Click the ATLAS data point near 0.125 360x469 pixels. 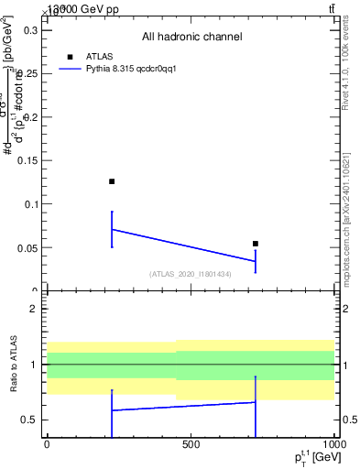pyautogui.click(x=112, y=181)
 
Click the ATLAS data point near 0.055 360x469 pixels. pyautogui.click(x=256, y=244)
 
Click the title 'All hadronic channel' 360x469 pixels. pyautogui.click(x=191, y=38)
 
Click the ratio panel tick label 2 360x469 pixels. pyautogui.click(x=34, y=309)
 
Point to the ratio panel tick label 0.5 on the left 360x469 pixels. pyautogui.click(x=29, y=420)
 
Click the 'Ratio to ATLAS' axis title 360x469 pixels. pyautogui.click(x=16, y=365)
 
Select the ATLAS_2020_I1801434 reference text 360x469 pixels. pyautogui.click(x=191, y=274)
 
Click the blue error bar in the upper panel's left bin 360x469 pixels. pyautogui.click(x=112, y=229)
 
